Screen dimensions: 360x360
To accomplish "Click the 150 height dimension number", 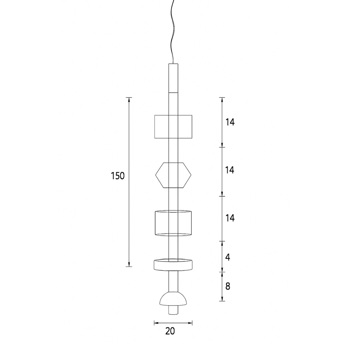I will tap(118, 176).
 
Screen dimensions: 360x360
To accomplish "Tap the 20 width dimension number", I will tap(170, 331).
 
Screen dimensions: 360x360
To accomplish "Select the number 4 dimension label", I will tap(228, 257).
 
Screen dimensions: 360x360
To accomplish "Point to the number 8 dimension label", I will tap(228, 286).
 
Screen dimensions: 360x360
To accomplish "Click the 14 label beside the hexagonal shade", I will tap(230, 170).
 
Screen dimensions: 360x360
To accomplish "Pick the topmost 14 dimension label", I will tap(230, 122).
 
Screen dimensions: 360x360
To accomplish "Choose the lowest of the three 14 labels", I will tap(230, 218).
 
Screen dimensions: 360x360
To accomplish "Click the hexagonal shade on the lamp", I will tap(173, 175).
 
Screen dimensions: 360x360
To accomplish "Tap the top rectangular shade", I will tap(173, 127).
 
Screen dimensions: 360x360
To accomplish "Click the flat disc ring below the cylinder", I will tap(173, 265).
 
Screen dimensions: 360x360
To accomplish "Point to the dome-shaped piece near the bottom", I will tap(173, 299).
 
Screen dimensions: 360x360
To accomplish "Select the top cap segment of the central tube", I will tap(173, 77).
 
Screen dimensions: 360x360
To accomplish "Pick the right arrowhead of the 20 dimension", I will tap(191, 323).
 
